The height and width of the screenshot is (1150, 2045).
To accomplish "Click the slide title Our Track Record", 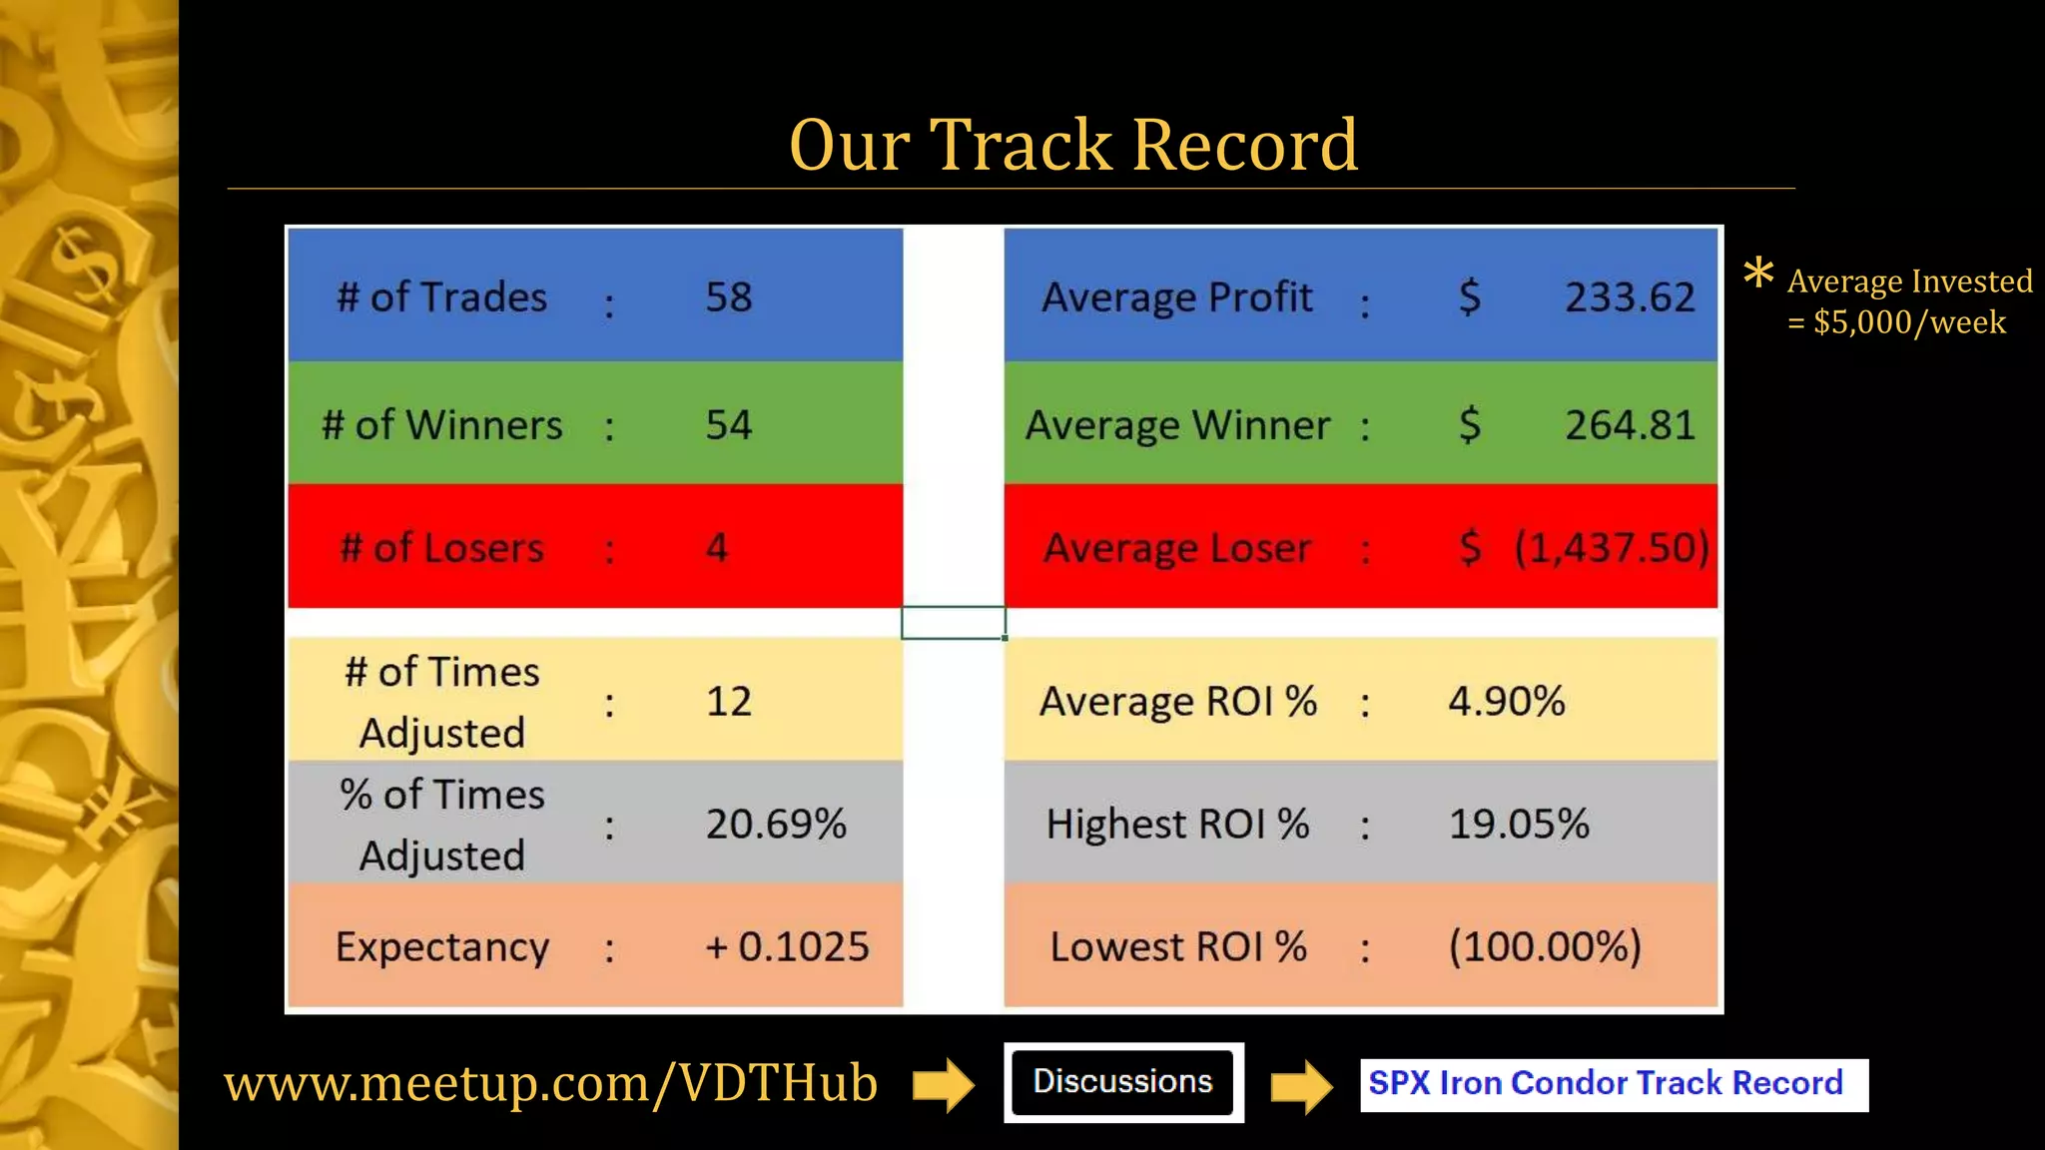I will pyautogui.click(x=1072, y=146).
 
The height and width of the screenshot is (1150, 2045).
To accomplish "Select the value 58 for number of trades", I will pyautogui.click(x=729, y=297).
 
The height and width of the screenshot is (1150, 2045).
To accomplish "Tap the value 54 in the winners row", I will pyautogui.click(x=729, y=425).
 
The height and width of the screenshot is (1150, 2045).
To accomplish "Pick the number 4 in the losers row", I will pyautogui.click(x=717, y=548).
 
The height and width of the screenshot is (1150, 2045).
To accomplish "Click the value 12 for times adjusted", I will pyautogui.click(x=729, y=702).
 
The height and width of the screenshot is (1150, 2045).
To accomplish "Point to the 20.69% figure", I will pyautogui.click(x=776, y=825).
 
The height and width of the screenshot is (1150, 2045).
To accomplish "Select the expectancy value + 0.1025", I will pyautogui.click(x=787, y=947).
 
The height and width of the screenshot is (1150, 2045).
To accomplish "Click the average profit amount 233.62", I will pyautogui.click(x=1630, y=297).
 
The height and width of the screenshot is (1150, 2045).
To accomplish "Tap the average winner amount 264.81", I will pyautogui.click(x=1630, y=425).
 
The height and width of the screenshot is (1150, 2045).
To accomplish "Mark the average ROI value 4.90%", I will pyautogui.click(x=1507, y=702).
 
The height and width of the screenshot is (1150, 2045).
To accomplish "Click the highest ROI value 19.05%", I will pyautogui.click(x=1519, y=825).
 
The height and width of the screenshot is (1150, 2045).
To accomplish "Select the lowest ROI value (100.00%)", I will pyautogui.click(x=1545, y=947).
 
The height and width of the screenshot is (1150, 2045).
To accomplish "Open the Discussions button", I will pyautogui.click(x=1123, y=1082).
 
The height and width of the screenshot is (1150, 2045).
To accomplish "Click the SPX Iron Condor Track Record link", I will pyautogui.click(x=1606, y=1084).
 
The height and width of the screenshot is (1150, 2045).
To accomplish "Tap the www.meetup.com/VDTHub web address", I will pyautogui.click(x=550, y=1084).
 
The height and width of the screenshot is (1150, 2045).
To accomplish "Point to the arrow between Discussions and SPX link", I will pyautogui.click(x=1301, y=1086).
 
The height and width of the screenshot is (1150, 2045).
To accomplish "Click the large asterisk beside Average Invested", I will pyautogui.click(x=1758, y=273).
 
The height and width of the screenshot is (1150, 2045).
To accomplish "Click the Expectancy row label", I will pyautogui.click(x=442, y=947).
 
